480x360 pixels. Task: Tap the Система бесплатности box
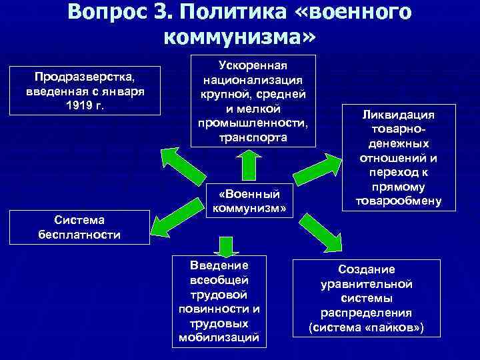coord(79,227)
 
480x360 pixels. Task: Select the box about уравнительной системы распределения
coord(366,298)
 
